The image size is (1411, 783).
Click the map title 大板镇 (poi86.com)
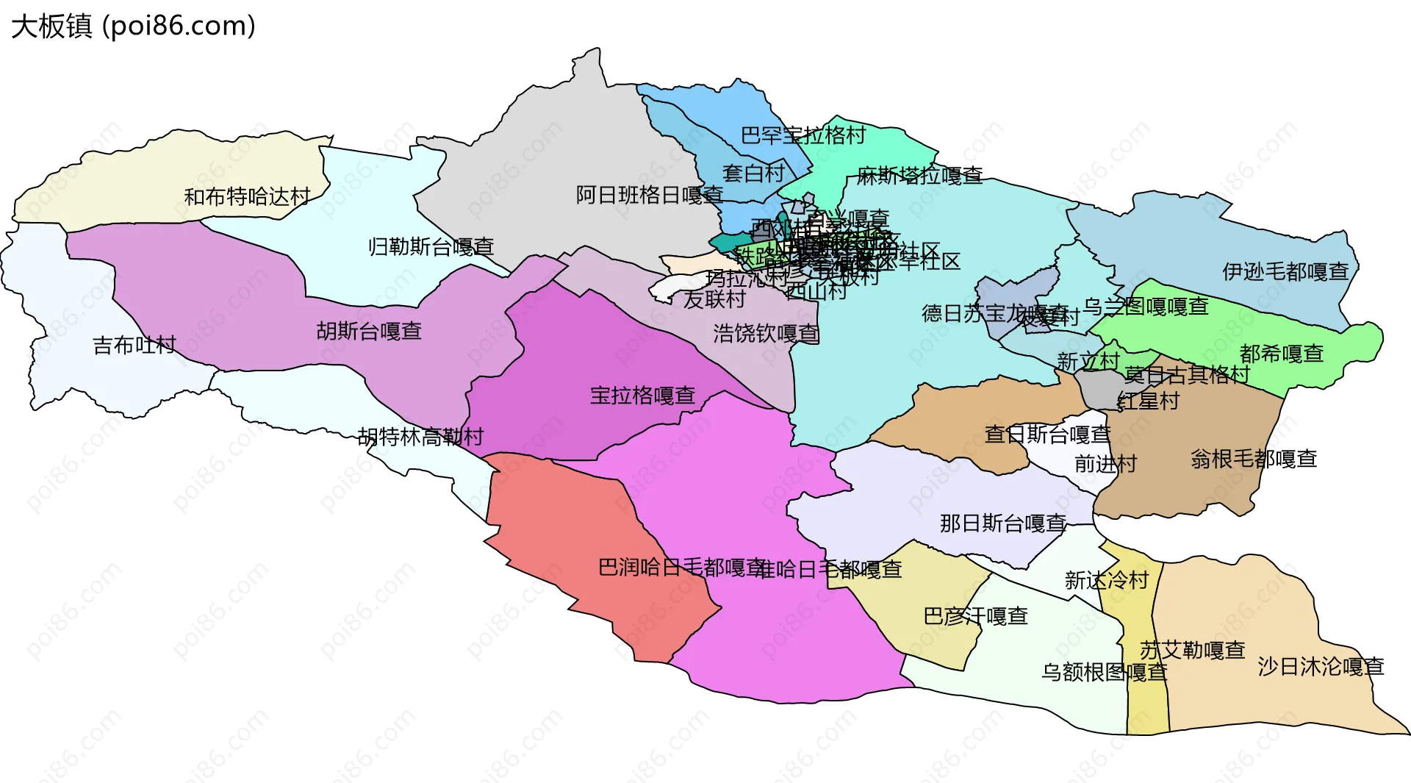tap(133, 26)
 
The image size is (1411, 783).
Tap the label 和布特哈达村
tap(247, 197)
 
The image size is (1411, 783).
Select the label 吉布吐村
tap(134, 345)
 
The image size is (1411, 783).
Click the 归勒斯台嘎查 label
tap(431, 247)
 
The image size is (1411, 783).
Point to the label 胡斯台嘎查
tap(369, 332)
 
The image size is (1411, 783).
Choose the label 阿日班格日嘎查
tap(649, 196)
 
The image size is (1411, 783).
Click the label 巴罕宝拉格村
tap(803, 135)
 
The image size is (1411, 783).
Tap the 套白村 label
tap(753, 174)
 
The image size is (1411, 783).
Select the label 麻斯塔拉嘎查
tap(919, 176)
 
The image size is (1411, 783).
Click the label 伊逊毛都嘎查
tap(1285, 272)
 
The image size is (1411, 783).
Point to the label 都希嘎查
tap(1281, 354)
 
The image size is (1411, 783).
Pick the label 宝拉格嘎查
tap(642, 396)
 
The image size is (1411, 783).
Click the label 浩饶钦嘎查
tap(765, 334)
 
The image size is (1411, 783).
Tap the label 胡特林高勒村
tap(420, 437)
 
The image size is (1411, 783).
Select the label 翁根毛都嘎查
tap(1253, 460)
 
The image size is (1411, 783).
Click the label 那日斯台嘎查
tap(1002, 523)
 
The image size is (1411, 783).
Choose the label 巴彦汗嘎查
tap(974, 616)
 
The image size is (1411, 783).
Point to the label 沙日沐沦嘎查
tap(1321, 667)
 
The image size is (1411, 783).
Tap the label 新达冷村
tap(1106, 581)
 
